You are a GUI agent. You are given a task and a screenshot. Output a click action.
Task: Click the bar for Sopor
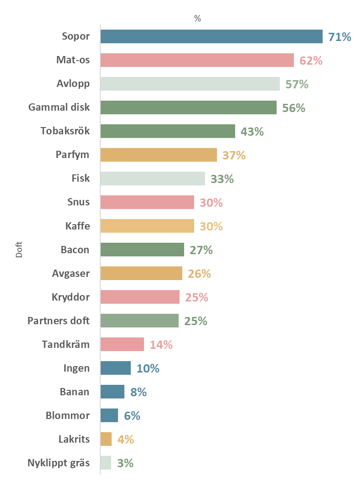(x=211, y=36)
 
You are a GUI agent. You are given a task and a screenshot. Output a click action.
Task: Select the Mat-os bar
(x=197, y=60)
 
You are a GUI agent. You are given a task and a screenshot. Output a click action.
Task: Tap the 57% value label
(x=297, y=84)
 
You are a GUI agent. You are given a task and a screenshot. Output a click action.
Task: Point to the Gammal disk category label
(x=59, y=107)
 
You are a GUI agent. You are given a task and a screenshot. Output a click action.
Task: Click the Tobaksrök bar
(x=168, y=131)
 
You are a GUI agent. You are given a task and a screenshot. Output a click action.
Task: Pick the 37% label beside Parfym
(x=234, y=155)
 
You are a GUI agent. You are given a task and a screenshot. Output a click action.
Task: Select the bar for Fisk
(x=153, y=179)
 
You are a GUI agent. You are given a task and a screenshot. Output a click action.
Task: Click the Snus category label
(x=78, y=202)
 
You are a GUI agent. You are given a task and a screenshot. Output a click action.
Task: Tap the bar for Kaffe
(x=147, y=226)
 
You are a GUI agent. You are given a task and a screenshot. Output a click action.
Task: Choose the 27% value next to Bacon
(x=201, y=250)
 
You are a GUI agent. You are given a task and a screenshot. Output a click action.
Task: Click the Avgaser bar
(x=141, y=273)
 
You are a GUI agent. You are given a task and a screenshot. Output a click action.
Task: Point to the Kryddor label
(x=71, y=297)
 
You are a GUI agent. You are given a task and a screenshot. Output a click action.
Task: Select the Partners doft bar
(x=139, y=321)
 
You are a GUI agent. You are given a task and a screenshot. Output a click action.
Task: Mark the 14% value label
(x=161, y=345)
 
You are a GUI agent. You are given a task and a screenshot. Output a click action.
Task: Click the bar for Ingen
(x=116, y=368)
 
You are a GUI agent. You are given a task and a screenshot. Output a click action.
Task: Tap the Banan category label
(x=75, y=392)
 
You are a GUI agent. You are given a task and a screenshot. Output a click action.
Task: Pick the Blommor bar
(x=109, y=415)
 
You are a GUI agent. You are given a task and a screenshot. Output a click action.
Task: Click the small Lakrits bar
(x=106, y=439)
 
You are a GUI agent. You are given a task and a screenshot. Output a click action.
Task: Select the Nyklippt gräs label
(x=59, y=463)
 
